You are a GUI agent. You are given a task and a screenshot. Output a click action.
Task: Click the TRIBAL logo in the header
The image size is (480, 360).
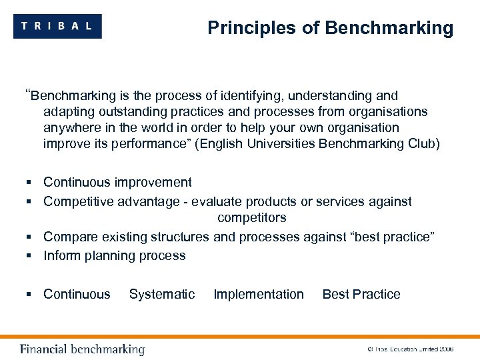point(57,27)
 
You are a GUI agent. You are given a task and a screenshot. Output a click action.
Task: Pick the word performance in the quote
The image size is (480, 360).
point(141,144)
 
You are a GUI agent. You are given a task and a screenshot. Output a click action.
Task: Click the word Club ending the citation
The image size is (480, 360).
point(421,144)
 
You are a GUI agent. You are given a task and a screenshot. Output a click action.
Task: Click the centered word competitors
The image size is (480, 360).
point(251,218)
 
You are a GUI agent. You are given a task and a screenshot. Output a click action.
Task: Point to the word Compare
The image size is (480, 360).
point(70,237)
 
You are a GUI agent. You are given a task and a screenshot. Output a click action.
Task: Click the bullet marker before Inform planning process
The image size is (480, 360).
point(31,256)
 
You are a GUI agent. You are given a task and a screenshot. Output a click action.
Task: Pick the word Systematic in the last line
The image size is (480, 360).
point(162,295)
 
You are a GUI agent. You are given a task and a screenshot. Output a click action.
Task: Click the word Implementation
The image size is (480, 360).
point(259,295)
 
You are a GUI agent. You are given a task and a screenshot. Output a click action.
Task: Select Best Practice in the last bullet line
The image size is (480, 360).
point(361,295)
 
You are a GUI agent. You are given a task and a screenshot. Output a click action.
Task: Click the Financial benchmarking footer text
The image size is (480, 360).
point(82,349)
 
